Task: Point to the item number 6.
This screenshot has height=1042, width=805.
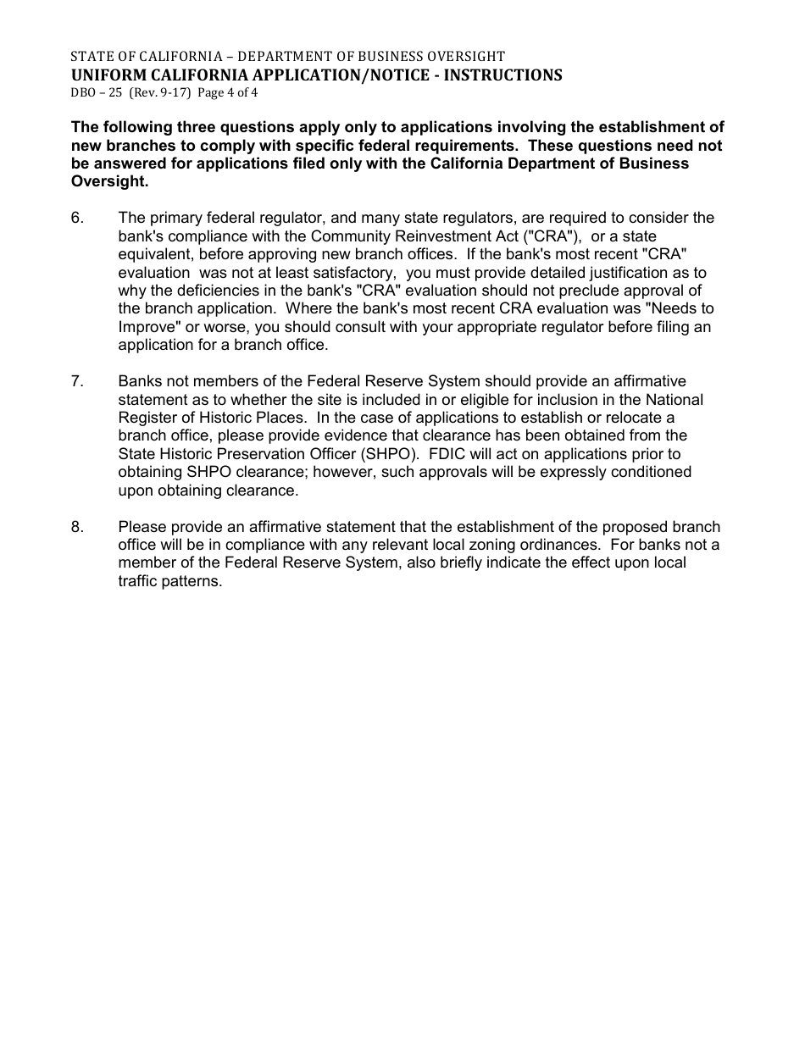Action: (x=77, y=218)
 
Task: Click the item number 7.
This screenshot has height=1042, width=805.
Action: (x=77, y=381)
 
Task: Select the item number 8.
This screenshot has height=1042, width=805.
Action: (x=77, y=527)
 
